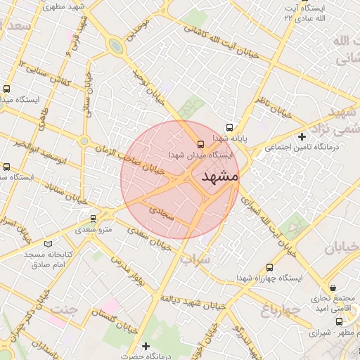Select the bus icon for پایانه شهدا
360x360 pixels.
[229, 127]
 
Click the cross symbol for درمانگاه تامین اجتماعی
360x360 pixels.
[302, 136]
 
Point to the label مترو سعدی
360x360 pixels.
[94, 229]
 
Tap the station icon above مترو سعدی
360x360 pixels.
[93, 219]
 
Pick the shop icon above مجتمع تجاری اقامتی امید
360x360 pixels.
[333, 288]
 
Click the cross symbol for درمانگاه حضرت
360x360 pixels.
[146, 346]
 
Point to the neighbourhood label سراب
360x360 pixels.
[195, 259]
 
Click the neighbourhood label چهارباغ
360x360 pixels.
[280, 309]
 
